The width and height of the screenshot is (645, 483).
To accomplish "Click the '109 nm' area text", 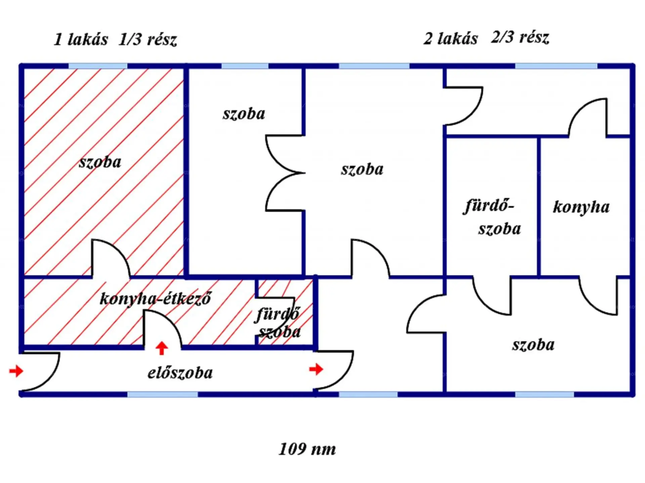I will (307, 449).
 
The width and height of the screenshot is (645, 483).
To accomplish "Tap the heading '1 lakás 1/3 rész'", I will (115, 40).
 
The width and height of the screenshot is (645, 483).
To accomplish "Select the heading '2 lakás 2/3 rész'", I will (486, 38).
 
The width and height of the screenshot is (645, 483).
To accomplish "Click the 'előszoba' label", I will (180, 373).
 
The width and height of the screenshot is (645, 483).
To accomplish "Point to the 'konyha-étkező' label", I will (156, 298).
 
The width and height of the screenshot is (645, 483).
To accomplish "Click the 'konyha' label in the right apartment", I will (581, 207).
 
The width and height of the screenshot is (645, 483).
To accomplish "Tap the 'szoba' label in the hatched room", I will (100, 162).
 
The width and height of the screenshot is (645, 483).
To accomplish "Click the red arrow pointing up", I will (162, 348).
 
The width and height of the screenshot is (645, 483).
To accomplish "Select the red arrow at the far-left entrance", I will (16, 371).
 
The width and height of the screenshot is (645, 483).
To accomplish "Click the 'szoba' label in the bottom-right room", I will (533, 345).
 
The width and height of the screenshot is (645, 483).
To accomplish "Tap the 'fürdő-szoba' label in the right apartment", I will (492, 217).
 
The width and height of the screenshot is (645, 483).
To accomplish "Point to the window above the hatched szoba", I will (98, 66).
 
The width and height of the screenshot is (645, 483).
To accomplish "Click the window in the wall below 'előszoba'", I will (162, 394).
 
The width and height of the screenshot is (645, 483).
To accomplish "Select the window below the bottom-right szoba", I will (544, 394).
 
